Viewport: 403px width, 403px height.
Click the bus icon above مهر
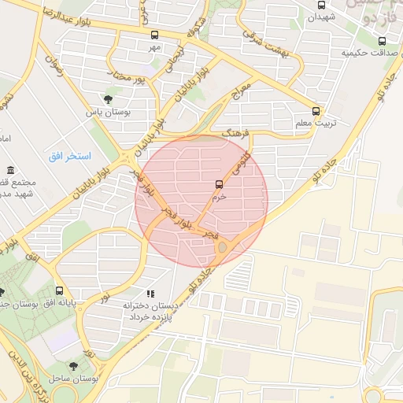pos(154,35)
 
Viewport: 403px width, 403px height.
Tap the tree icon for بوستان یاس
pos(108,99)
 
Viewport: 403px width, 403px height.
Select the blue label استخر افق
pos(70,156)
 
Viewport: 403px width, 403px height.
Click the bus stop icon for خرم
pos(218,183)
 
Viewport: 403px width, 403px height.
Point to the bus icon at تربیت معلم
pos(316,111)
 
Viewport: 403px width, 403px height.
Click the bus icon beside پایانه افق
pos(60,290)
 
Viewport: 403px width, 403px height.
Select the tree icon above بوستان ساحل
pos(73,366)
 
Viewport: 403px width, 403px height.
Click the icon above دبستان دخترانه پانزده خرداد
pos(151,294)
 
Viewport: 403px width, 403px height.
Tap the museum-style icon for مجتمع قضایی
pos(10,171)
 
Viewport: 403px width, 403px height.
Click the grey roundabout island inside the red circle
pos(222,248)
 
